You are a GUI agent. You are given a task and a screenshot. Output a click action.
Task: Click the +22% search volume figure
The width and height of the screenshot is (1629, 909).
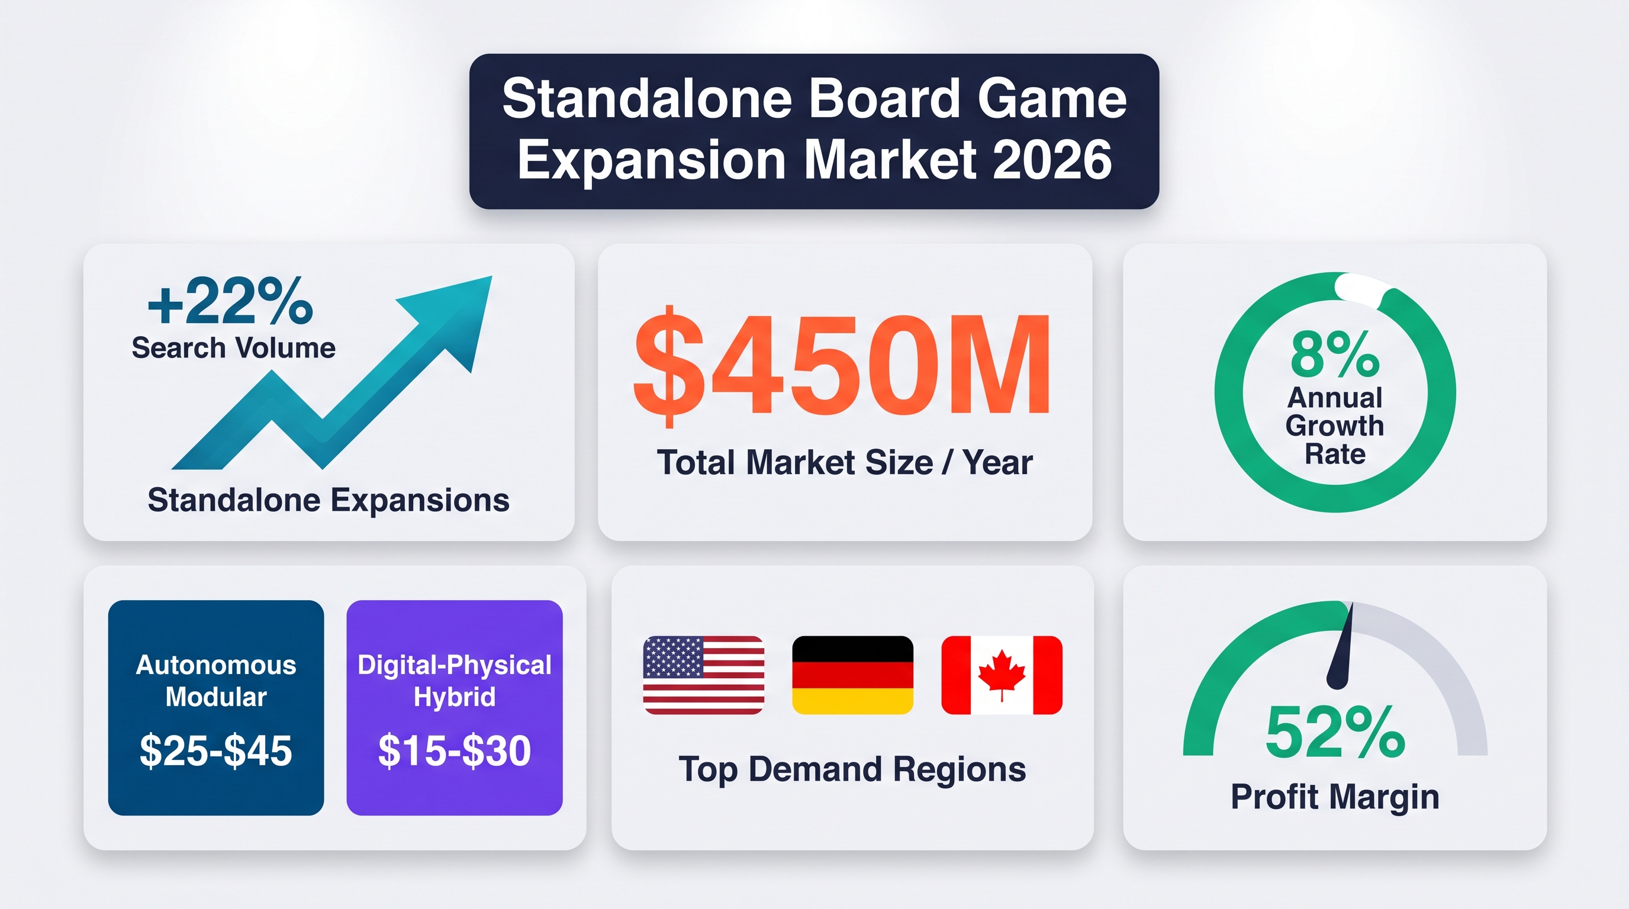click(230, 302)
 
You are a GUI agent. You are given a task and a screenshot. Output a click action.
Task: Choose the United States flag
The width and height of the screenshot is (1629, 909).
click(704, 675)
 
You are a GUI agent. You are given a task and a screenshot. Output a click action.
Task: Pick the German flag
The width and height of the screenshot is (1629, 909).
click(852, 675)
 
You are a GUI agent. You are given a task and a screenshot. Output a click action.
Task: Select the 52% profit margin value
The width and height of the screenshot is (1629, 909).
click(1335, 733)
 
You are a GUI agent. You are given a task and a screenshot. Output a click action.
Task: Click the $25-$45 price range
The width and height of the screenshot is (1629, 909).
click(215, 751)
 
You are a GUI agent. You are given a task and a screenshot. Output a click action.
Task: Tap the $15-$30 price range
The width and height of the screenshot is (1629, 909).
click(455, 751)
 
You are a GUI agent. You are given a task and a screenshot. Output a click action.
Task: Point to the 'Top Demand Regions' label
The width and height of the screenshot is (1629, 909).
click(852, 770)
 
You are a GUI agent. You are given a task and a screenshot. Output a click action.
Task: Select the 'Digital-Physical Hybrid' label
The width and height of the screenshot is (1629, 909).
click(455, 681)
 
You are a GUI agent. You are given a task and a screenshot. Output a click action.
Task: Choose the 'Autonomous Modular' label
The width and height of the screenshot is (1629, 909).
click(215, 681)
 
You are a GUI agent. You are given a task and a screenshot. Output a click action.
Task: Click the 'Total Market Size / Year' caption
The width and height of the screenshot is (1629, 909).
click(845, 462)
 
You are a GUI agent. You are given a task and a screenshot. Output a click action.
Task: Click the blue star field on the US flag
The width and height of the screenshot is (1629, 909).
click(673, 657)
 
